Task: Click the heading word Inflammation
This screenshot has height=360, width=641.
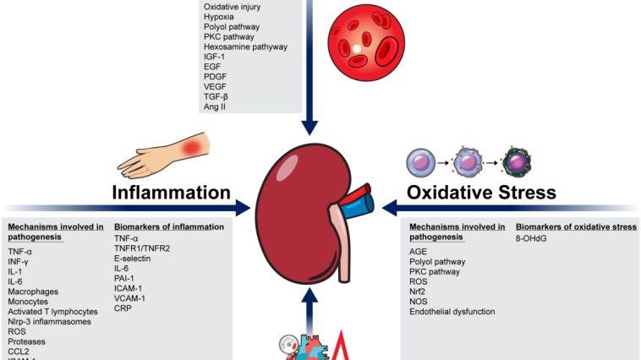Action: pyautogui.click(x=172, y=193)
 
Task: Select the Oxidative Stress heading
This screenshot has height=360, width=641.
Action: pyautogui.click(x=481, y=193)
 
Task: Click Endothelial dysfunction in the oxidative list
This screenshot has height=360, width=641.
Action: pyautogui.click(x=452, y=311)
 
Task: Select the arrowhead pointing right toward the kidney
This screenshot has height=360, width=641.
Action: pyautogui.click(x=241, y=206)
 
